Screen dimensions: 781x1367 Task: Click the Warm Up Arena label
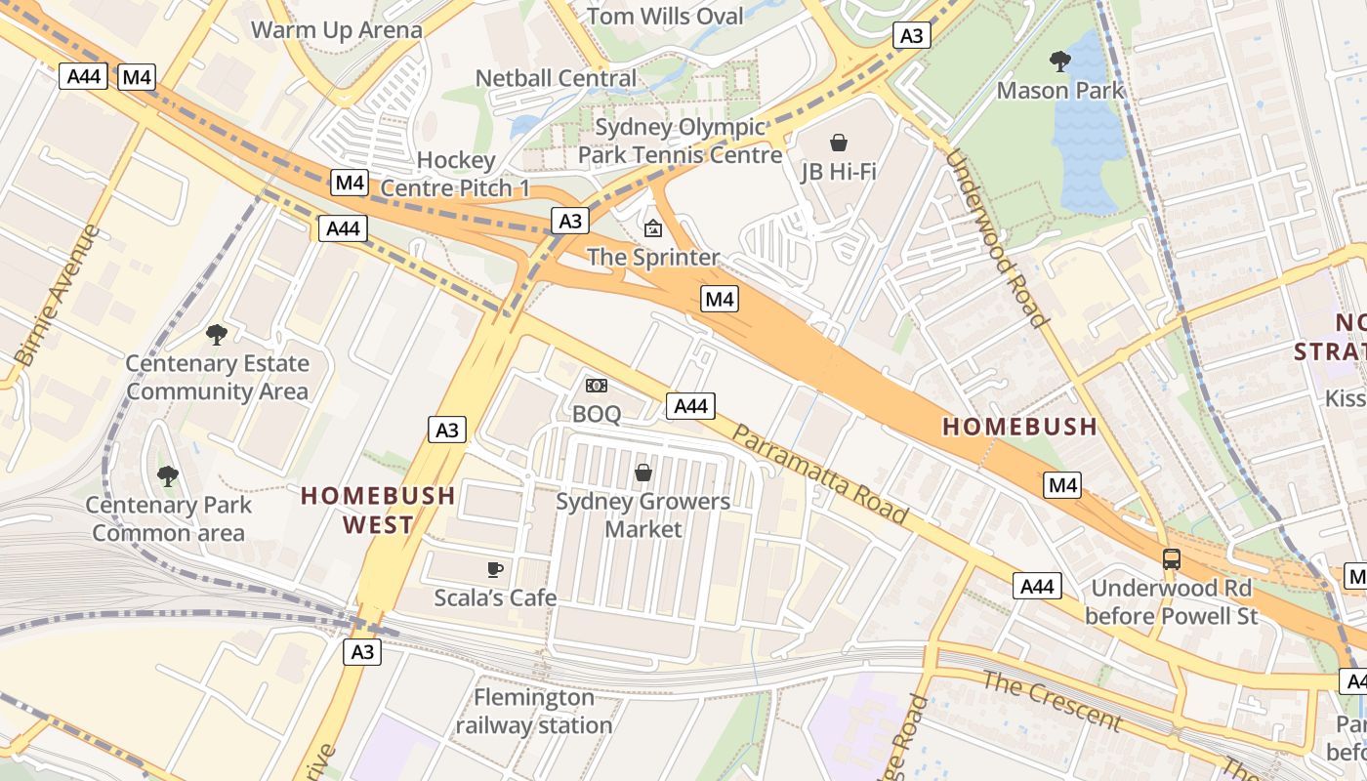pos(337,29)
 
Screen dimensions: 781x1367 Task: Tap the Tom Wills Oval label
pos(666,16)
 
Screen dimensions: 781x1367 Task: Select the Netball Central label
pos(556,78)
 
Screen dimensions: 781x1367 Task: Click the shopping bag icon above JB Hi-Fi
pos(838,143)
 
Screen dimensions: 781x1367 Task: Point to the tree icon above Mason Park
pos(1059,62)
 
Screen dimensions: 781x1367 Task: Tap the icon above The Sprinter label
pos(652,228)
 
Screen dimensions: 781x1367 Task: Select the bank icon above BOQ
pos(596,386)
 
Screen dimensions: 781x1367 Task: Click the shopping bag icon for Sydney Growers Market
pos(643,473)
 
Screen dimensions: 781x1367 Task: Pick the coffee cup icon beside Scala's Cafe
pos(495,569)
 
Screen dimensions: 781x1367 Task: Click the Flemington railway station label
pos(534,712)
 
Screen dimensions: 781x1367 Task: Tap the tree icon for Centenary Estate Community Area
pos(217,335)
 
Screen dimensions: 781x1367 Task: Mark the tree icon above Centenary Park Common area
pos(168,476)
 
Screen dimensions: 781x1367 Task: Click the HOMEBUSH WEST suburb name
pos(378,510)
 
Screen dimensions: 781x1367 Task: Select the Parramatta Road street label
pos(820,474)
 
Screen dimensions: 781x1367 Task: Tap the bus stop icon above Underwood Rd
pos(1171,559)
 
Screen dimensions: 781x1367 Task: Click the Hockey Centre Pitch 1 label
pos(456,174)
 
